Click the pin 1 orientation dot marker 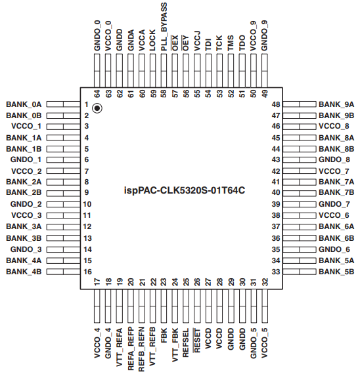coord(97,108)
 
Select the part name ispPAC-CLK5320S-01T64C coord(185,191)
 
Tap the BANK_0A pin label coord(24,104)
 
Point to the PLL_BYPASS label coord(164,27)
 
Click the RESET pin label coord(197,341)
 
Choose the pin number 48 coord(276,104)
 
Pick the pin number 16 coord(87,272)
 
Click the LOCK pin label coord(152,40)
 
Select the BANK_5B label coord(336,272)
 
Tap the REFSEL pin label coord(186,343)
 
